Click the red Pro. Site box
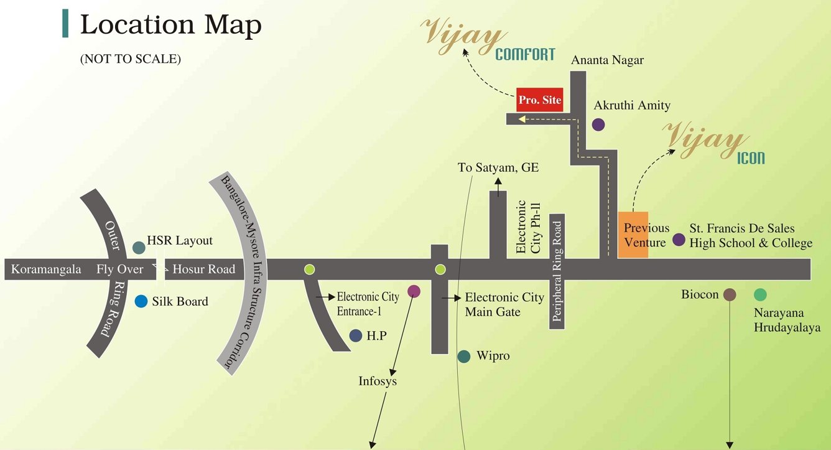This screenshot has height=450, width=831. pos(539,100)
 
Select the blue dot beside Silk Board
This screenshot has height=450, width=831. pos(141,301)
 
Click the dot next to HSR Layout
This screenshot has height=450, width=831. pos(139,248)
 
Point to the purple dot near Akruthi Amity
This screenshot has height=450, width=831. pos(598,124)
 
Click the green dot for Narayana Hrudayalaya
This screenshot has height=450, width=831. pos(760,294)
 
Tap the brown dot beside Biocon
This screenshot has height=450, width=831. pos(730,294)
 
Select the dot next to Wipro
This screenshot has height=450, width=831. pos(463,357)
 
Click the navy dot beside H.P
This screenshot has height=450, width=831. pos(356,335)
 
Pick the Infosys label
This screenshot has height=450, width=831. pos(378,380)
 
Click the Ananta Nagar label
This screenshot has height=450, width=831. pos(607,60)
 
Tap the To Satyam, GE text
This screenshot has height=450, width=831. pos(498,167)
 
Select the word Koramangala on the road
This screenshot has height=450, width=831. pos(46,270)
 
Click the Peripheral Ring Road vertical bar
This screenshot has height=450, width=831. pos(557,272)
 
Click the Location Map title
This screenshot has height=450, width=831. pos(170,26)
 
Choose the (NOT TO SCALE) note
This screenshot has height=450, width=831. pos(130,60)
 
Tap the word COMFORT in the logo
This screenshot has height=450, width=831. pos(524,55)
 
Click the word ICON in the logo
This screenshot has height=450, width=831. pos(751,159)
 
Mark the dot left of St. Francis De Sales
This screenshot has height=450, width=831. pos(679,240)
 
